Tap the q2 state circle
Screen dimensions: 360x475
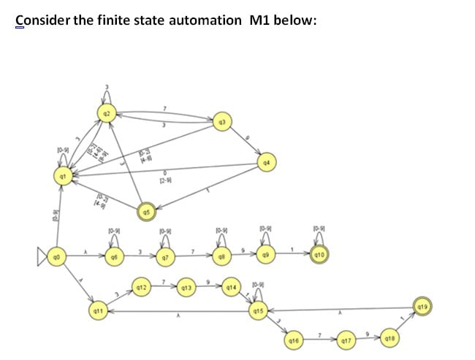[107, 114]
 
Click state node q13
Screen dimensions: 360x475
[186, 288]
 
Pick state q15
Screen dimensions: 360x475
[257, 312]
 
